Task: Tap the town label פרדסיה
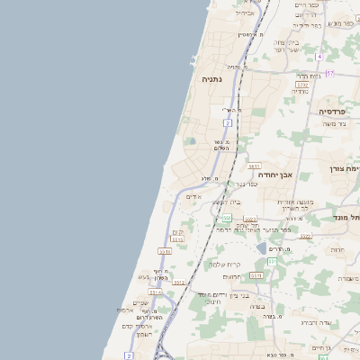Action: coord(336,111)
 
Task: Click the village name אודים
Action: coord(193,197)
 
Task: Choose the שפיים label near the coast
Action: coord(140,302)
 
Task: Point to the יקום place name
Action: coord(176,232)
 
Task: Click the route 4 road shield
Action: coord(319,57)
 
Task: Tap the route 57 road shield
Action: coord(330,73)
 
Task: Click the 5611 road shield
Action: coord(254,166)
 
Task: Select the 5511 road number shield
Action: coord(256,274)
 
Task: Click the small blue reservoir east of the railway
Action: coord(261,247)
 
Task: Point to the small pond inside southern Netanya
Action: coord(190,141)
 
